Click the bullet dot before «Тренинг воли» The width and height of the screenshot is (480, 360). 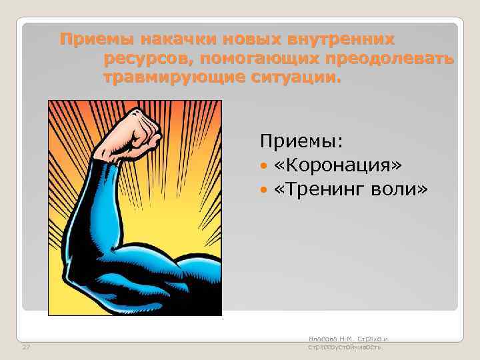[x=264, y=191]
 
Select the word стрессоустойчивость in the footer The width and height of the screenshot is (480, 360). [x=344, y=347]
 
